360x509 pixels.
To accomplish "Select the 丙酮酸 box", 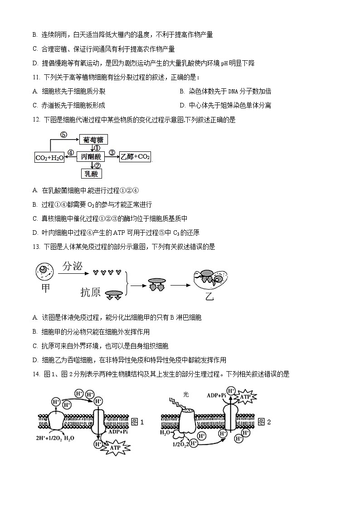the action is click(x=91, y=157).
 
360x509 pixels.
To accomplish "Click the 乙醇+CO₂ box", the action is click(x=135, y=157).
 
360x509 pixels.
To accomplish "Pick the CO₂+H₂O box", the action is click(x=49, y=157).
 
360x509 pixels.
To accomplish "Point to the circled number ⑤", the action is click(x=63, y=135).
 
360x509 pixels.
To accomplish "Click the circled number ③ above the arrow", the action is click(x=112, y=152).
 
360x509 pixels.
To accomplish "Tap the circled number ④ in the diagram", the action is click(x=71, y=153).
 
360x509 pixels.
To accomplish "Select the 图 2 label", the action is click(x=264, y=422).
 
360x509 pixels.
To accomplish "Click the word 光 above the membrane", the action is click(x=185, y=394).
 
